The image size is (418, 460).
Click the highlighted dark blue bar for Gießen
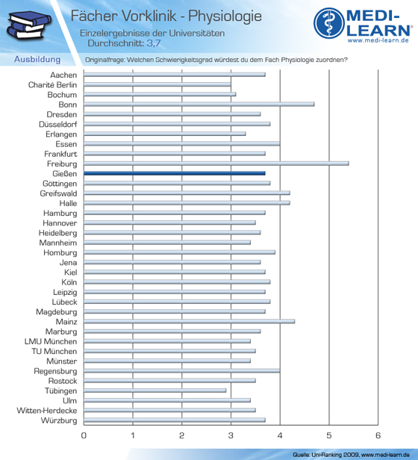pos(175,173)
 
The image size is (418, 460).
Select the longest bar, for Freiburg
pos(216,164)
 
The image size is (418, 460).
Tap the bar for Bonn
pos(199,104)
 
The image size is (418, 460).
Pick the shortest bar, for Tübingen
pos(155,391)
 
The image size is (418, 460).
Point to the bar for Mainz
pos(189,321)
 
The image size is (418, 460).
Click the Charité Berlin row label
pos(52,85)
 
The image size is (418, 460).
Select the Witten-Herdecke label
pos(47,411)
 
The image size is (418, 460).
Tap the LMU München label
pos(51,341)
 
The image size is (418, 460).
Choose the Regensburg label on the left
pos(55,371)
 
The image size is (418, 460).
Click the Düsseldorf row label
pos(57,125)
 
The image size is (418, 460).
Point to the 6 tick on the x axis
pos(378,435)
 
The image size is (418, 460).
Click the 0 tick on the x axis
pos(84,435)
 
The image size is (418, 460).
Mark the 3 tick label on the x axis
pos(231,435)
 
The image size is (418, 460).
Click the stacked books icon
pos(28,25)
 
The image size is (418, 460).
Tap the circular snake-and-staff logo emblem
pos(329,23)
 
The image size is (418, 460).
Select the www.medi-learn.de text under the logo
pos(378,40)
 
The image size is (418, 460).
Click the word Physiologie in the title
pos(225,16)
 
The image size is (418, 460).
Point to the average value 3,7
pos(154,43)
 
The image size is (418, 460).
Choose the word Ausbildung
pos(37,60)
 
